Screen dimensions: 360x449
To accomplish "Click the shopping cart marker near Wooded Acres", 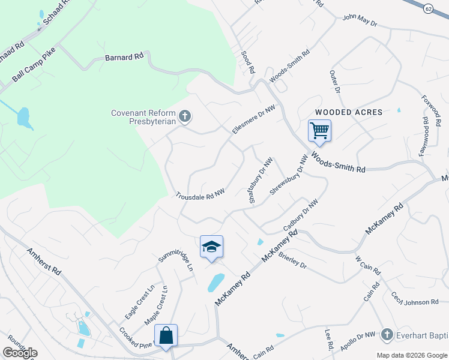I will [319, 130].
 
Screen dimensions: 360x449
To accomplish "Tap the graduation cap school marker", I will [211, 247].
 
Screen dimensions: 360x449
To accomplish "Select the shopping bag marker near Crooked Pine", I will [166, 335].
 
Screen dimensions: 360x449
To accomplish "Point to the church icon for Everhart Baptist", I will [387, 334].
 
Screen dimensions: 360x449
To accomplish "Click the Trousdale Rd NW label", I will [200, 195].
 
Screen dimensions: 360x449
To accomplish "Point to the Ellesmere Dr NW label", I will [255, 119].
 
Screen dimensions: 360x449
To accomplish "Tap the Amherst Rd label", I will [44, 261].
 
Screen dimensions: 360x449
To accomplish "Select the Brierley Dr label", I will [292, 260].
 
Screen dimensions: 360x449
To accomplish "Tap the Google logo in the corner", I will [20, 353].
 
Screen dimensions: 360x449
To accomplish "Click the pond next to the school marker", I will [215, 281].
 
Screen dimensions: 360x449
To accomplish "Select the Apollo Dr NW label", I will [358, 338].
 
